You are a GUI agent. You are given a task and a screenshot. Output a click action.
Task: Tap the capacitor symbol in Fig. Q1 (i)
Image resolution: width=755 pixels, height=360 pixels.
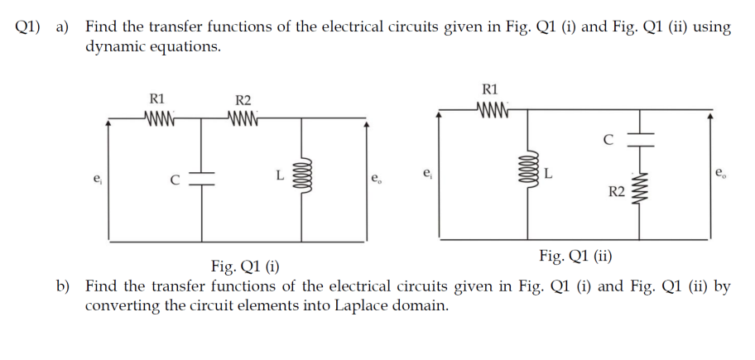point(203,178)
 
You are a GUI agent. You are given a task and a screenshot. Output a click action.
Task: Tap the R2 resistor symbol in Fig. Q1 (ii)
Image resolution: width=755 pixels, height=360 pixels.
point(640,192)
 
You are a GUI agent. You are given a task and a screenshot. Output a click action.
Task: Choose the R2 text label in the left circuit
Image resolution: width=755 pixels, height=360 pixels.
point(243,100)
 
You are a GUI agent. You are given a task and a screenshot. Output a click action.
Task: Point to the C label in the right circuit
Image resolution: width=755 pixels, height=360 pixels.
point(608,139)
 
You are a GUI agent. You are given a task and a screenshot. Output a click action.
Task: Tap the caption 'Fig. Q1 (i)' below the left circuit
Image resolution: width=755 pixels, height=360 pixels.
point(246,266)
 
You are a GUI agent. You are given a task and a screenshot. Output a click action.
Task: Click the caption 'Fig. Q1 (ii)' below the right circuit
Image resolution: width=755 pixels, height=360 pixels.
point(575,255)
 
